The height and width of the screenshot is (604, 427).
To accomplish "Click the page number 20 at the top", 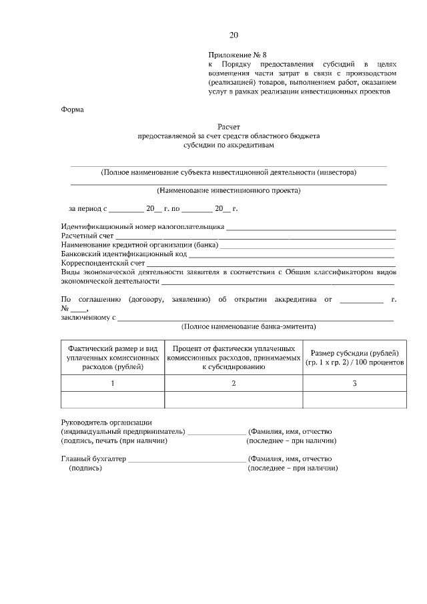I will [233, 35].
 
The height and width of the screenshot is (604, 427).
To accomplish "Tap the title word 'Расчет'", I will [228, 126].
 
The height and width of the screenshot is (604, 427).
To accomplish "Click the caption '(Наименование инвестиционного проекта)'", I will [229, 190].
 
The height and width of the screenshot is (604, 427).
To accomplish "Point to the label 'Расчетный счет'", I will [87, 236].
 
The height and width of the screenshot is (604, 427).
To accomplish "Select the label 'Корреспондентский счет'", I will [103, 264].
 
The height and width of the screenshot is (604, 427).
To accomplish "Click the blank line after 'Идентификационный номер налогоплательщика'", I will [311, 228].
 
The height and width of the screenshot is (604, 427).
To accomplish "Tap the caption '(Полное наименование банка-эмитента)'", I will [249, 327].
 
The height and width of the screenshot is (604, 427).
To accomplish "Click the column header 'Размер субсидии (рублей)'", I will [354, 357].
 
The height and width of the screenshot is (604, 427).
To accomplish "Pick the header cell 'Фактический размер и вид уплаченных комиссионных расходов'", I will [113, 358].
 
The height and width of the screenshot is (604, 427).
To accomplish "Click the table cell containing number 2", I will [234, 383].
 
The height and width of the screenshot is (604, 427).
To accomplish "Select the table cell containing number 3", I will [354, 383].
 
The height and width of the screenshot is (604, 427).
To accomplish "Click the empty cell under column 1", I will [113, 399].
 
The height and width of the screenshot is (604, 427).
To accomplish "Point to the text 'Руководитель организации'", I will [106, 422].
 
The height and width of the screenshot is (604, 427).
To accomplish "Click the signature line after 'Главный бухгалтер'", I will [186, 460].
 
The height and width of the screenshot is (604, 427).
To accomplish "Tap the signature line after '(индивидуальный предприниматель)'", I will [217, 432].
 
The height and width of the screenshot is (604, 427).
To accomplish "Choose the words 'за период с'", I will [87, 209].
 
